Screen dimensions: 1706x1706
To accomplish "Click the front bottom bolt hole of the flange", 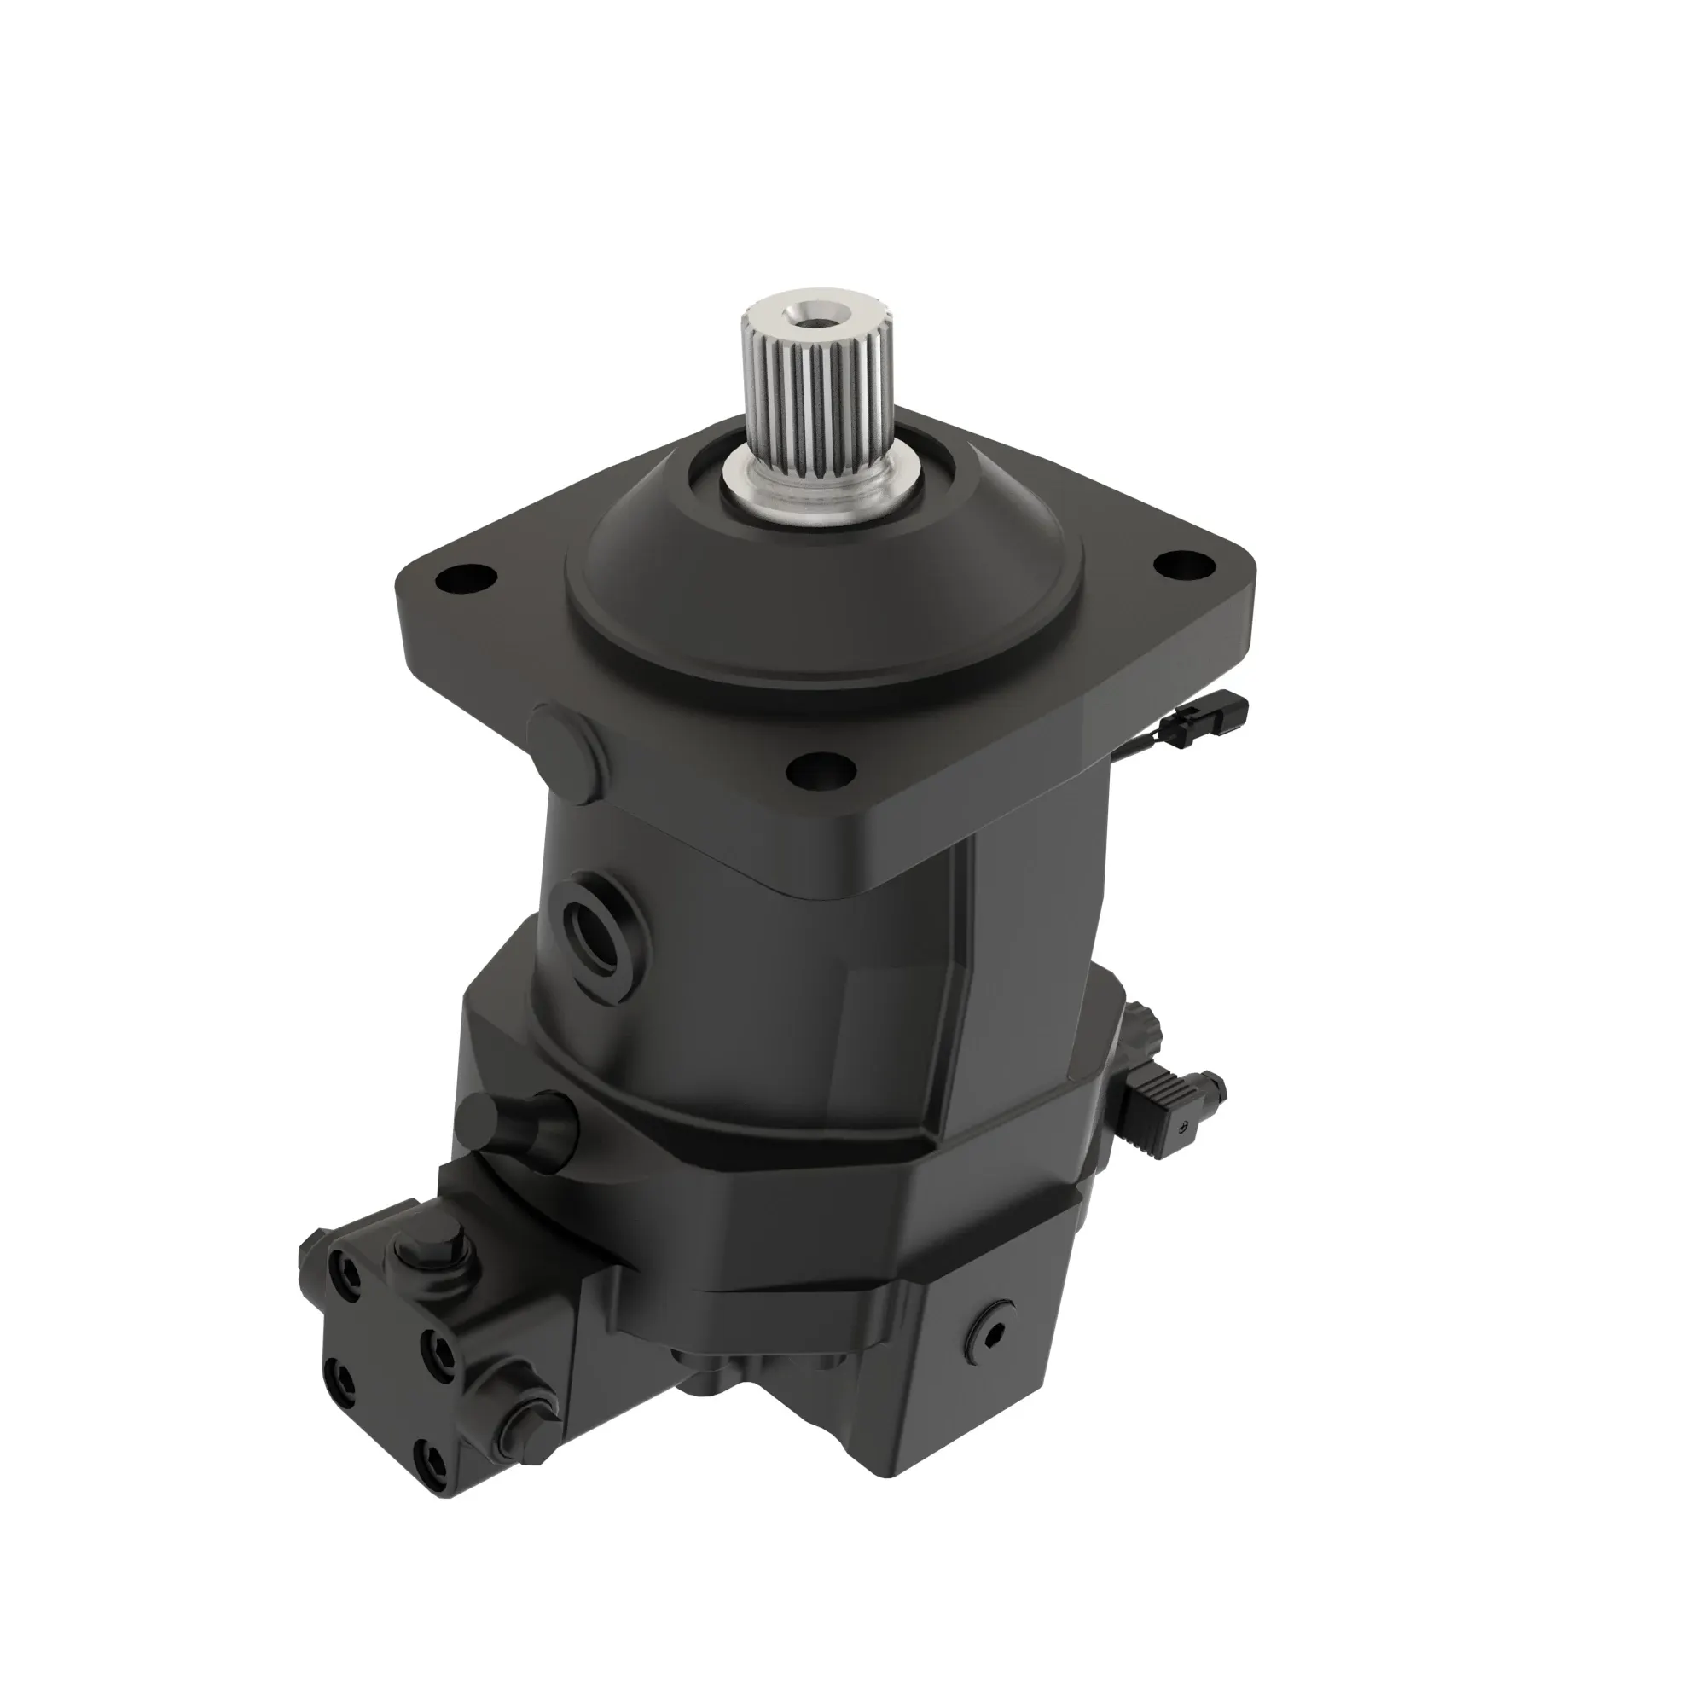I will (821, 774).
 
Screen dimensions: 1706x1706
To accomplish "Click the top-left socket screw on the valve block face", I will (345, 1277).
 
